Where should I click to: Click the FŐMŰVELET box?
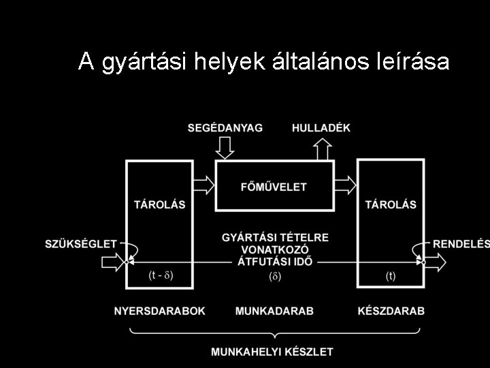(274, 186)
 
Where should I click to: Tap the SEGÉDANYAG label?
(225, 127)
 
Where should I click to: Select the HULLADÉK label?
(322, 127)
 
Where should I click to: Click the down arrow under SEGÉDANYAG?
(225, 147)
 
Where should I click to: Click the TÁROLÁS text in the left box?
(159, 204)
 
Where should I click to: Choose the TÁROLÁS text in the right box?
(390, 204)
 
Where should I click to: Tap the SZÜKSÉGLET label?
(81, 244)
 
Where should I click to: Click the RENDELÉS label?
(461, 244)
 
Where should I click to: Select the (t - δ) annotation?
(161, 276)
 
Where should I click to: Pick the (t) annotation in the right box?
(390, 276)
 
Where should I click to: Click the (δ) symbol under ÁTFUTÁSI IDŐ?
(275, 276)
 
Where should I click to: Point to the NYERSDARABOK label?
(160, 311)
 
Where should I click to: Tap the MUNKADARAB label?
(274, 311)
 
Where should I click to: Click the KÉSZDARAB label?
(391, 311)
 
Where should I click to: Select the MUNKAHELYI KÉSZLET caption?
(272, 352)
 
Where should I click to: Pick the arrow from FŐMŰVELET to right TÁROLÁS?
(346, 183)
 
